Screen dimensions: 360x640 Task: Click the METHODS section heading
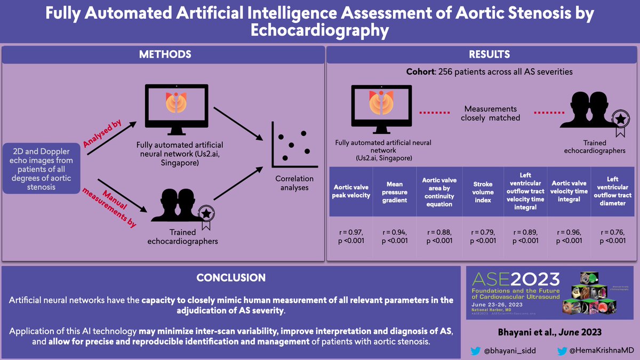click(x=165, y=54)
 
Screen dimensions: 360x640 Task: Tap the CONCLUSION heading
click(x=231, y=278)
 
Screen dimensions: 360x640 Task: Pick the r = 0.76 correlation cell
click(x=609, y=236)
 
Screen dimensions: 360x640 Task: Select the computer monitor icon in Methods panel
click(x=175, y=109)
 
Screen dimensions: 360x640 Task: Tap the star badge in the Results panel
click(x=619, y=119)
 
